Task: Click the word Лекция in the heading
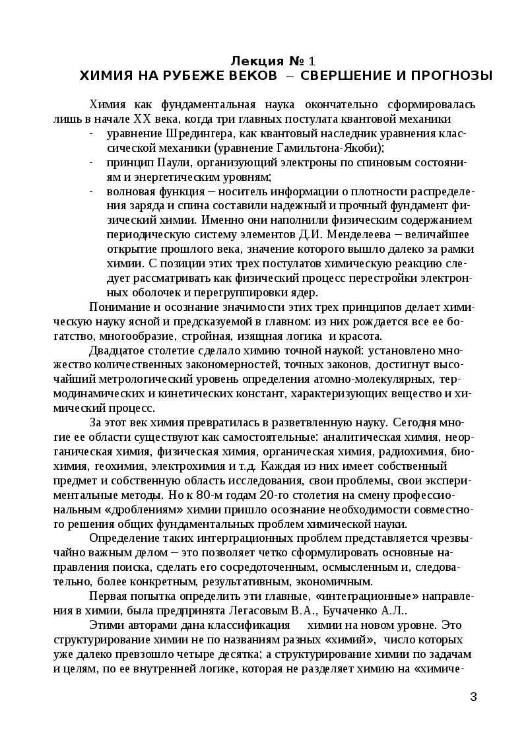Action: [251, 61]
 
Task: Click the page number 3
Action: [473, 696]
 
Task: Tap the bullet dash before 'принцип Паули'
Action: [90, 163]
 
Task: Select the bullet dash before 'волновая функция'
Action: [90, 192]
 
